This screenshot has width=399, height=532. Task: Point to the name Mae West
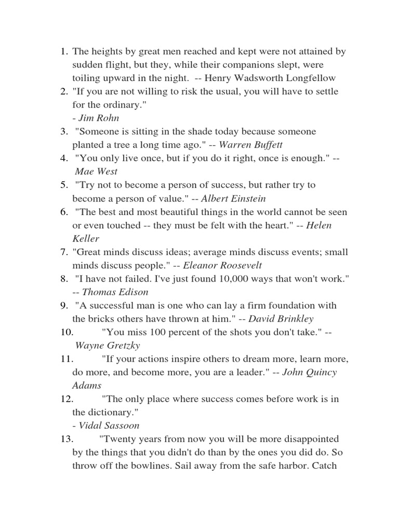click(x=97, y=171)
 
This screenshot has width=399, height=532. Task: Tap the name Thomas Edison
click(x=115, y=292)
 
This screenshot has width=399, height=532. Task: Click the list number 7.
click(x=64, y=252)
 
